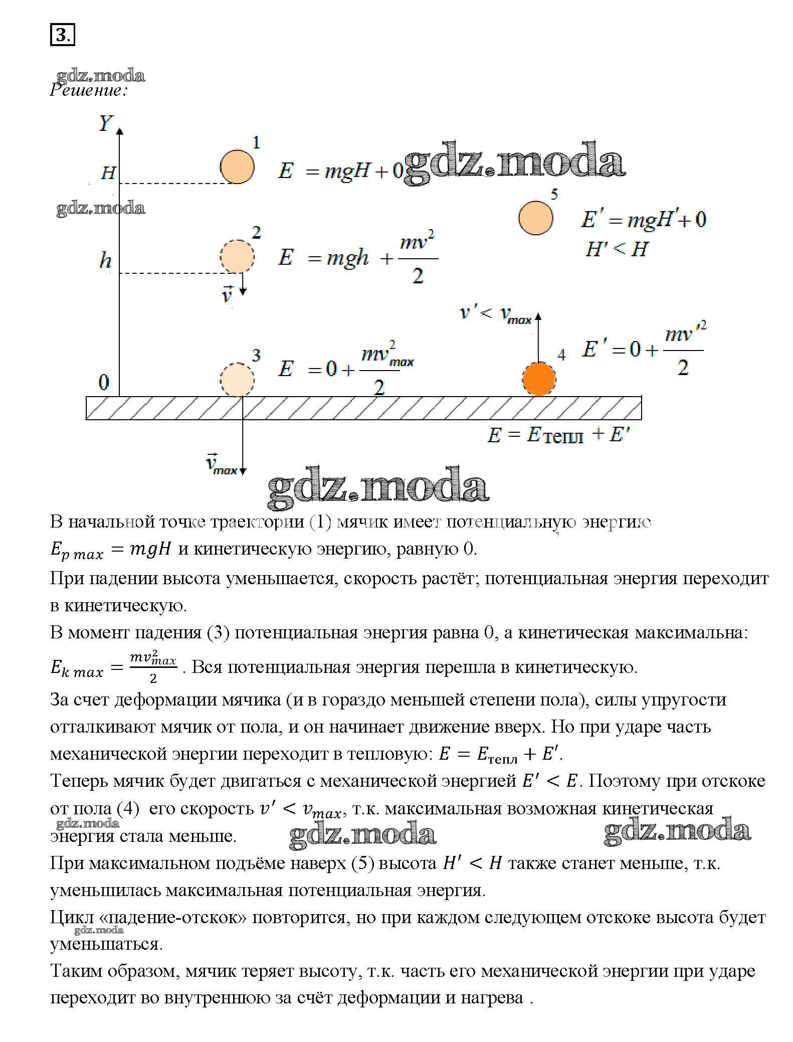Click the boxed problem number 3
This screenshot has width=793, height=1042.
(62, 35)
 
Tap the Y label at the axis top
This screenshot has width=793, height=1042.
(106, 123)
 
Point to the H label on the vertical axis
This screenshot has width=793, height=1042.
(108, 173)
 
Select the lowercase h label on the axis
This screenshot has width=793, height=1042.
(105, 260)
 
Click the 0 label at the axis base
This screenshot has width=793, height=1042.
(103, 383)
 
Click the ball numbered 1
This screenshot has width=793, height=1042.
(237, 167)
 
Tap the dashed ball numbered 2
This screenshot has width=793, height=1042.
(237, 257)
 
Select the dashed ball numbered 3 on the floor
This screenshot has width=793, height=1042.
(238, 380)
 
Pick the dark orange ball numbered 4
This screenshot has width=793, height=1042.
(539, 380)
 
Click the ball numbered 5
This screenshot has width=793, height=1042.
(535, 218)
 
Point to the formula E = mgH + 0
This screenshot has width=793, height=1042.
(341, 171)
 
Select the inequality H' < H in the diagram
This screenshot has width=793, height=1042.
(617, 249)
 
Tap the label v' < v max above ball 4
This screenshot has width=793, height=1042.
(495, 314)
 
